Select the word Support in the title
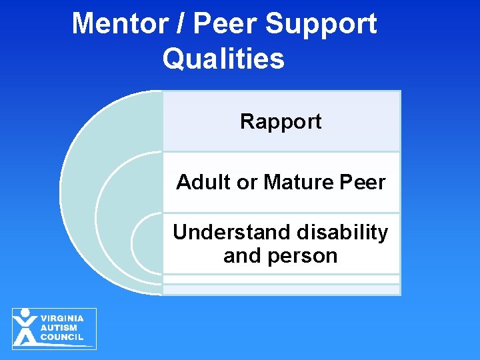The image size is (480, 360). [x=321, y=24]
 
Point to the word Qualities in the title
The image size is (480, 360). [x=223, y=59]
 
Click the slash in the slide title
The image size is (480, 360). [x=184, y=24]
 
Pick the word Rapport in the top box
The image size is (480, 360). [x=281, y=121]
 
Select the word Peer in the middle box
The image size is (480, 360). [x=362, y=182]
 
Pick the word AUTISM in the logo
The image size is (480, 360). [x=59, y=328]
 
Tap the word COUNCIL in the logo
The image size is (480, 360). [x=61, y=337]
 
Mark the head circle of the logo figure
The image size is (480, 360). [x=25, y=313]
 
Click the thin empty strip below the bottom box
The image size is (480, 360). [x=281, y=289]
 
